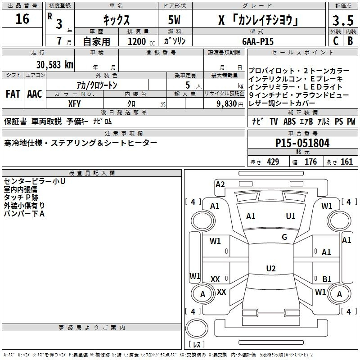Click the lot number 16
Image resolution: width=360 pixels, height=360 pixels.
[22, 19]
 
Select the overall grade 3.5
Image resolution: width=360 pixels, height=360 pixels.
[343, 20]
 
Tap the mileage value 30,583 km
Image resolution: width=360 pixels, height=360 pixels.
[55, 65]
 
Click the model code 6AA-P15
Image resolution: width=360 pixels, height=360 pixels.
[258, 41]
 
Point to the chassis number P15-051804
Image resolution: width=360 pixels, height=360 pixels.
[302, 143]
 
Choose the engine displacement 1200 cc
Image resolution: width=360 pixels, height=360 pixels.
[141, 41]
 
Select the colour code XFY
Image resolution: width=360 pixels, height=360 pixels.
[74, 104]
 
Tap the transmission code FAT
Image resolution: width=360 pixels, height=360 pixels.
[13, 94]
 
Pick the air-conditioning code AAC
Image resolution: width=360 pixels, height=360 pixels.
[35, 94]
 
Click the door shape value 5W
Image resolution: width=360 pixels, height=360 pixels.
[174, 20]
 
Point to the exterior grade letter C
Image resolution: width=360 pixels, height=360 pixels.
[336, 41]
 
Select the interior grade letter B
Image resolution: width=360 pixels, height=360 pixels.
[350, 41]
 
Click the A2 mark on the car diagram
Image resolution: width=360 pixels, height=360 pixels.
[220, 184]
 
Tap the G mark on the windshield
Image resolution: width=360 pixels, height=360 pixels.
[284, 237]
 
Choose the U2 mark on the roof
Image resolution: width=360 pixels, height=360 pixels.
[271, 268]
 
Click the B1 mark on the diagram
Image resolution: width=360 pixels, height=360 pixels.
[327, 279]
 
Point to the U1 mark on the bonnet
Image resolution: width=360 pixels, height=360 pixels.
[290, 216]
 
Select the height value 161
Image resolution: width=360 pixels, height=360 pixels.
[346, 162]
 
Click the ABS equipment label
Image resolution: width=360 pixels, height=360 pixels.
[289, 121]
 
